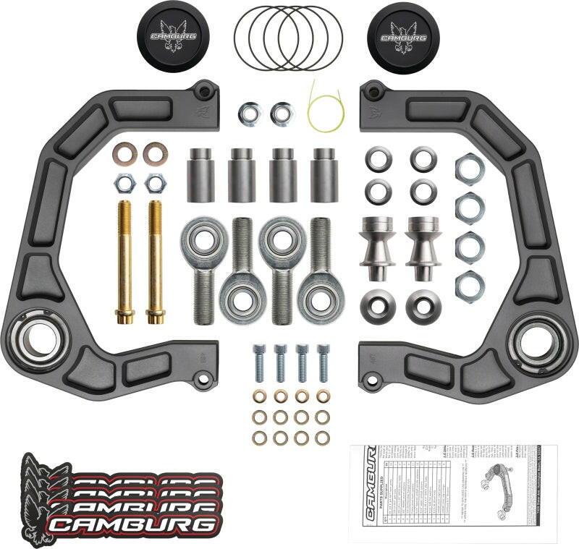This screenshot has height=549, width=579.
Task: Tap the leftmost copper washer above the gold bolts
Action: pyautogui.click(x=124, y=153)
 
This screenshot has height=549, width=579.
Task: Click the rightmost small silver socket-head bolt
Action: pyautogui.click(x=323, y=362)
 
